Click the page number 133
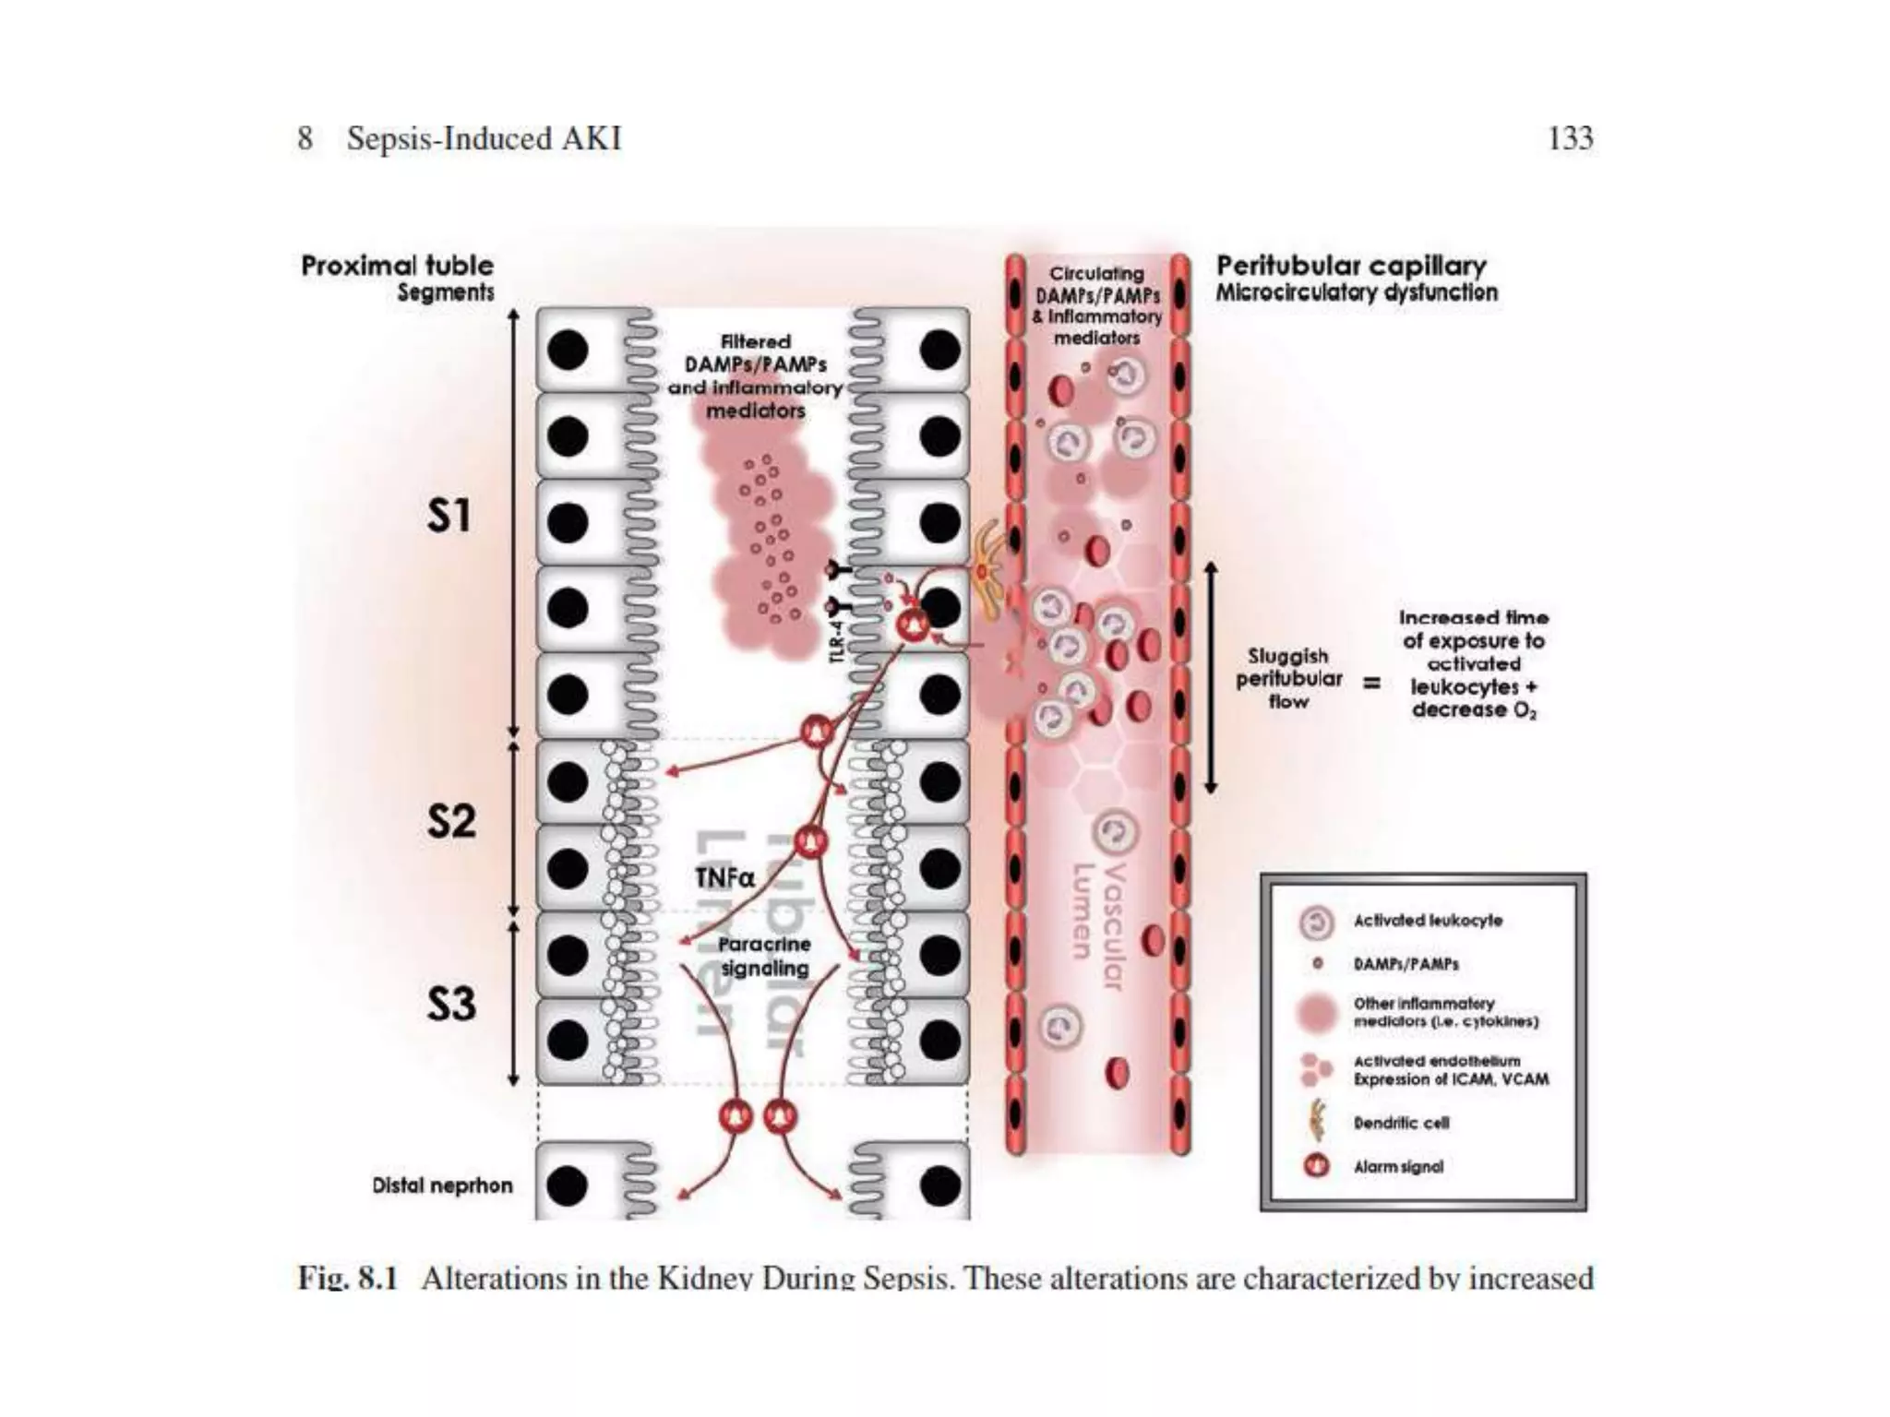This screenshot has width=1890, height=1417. click(x=1570, y=138)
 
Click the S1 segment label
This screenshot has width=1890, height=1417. click(x=449, y=516)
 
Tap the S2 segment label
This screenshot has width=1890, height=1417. click(x=451, y=821)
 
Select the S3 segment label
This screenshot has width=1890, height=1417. click(x=451, y=1004)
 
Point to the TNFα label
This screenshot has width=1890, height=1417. click(x=724, y=877)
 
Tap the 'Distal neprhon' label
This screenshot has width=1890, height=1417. click(x=442, y=1185)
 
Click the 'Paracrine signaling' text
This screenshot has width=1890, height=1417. click(x=764, y=957)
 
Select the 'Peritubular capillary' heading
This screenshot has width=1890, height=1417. click(x=1351, y=266)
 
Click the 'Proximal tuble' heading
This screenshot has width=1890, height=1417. click(x=397, y=266)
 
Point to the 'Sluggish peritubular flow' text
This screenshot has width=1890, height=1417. click(x=1288, y=679)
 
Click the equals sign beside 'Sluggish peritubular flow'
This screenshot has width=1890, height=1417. click(x=1372, y=684)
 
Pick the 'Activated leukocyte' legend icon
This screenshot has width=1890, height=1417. click(x=1316, y=922)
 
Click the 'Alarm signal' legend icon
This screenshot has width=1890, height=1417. click(x=1316, y=1166)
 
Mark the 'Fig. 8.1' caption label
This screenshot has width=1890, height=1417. click(x=347, y=1279)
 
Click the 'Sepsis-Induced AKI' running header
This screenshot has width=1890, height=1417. click(x=484, y=138)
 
